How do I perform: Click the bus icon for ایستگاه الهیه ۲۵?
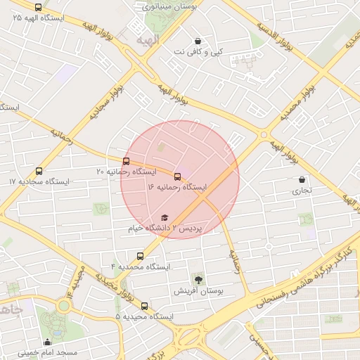coord(38,7)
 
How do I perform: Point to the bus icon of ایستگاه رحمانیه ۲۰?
coord(126,161)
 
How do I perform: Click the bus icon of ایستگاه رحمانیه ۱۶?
coord(176,176)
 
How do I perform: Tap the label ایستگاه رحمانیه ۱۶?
coord(178,188)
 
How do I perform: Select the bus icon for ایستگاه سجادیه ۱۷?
coord(39,171)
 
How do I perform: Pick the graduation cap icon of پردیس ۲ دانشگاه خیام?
coord(165,218)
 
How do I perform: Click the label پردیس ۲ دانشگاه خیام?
coord(165,229)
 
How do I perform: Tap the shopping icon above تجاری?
coord(302,179)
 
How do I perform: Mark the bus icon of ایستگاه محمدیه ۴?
coord(141,256)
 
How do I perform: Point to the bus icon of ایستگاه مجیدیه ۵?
coord(144,306)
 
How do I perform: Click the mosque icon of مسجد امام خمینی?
coord(47,342)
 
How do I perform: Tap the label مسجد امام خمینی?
coord(47,352)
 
